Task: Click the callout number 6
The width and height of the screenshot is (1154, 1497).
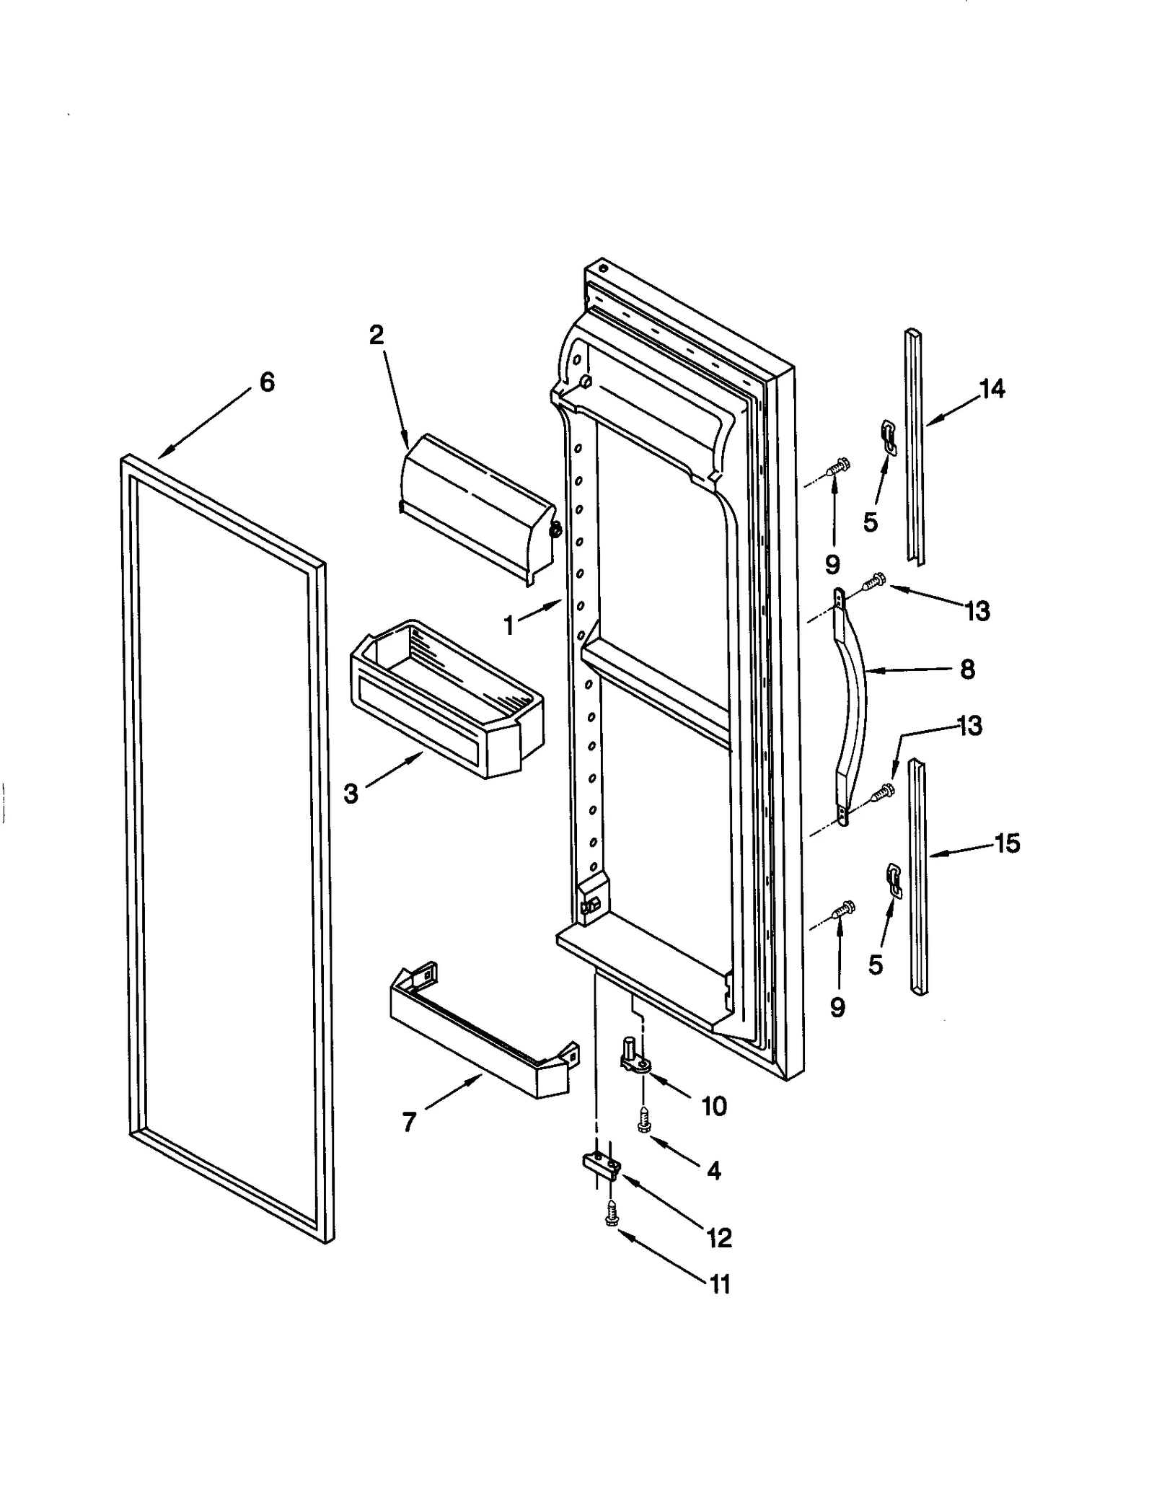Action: tap(267, 382)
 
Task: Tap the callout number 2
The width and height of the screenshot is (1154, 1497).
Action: tap(376, 335)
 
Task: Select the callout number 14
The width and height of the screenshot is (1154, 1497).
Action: tap(992, 390)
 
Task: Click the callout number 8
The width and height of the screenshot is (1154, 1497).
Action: tap(967, 669)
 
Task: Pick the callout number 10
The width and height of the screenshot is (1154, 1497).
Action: tap(714, 1106)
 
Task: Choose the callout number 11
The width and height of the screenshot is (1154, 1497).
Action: tap(720, 1285)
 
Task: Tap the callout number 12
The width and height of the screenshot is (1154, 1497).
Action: tap(720, 1238)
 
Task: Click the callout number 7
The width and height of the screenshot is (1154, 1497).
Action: tap(409, 1123)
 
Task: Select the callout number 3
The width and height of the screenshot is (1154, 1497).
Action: tap(351, 794)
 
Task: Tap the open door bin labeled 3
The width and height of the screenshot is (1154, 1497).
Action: tap(447, 696)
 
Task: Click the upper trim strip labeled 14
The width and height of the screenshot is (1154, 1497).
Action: tap(915, 447)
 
